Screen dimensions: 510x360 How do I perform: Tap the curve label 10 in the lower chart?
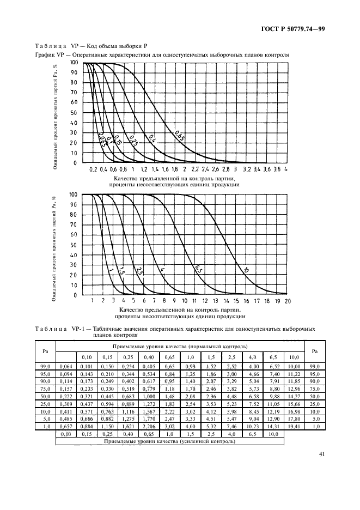coord(246,270)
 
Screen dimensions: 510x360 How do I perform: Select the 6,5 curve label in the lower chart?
coord(198,270)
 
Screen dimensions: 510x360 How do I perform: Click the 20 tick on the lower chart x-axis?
coord(288,301)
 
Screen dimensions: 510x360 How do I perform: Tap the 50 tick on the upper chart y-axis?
coord(74,113)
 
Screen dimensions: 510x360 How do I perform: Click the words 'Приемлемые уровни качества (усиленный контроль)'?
coord(170,441)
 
